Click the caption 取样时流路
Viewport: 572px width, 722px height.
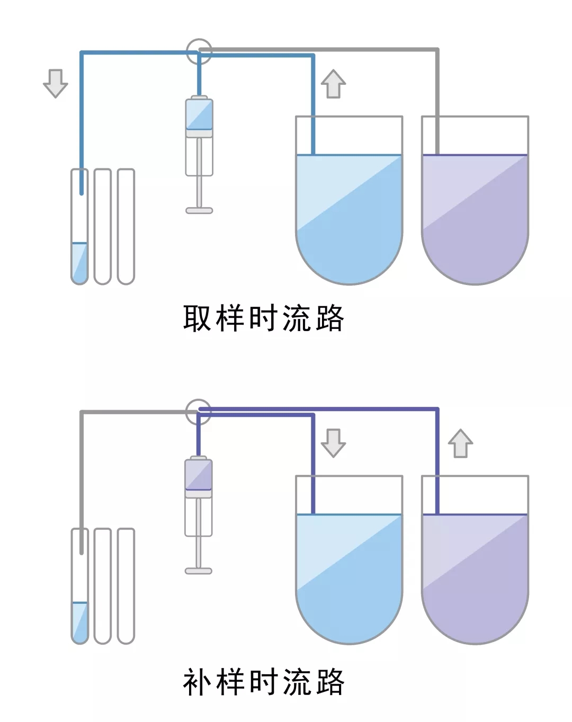click(x=263, y=318)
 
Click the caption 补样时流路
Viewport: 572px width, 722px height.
click(x=263, y=682)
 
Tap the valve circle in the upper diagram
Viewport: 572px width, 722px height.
click(x=199, y=51)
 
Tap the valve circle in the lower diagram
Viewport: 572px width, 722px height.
click(x=199, y=412)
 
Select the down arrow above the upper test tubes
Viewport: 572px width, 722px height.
click(x=55, y=83)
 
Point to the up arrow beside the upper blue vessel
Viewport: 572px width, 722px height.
click(x=333, y=84)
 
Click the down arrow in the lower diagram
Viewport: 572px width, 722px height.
click(x=333, y=443)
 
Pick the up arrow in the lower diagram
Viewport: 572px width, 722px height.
click(x=460, y=443)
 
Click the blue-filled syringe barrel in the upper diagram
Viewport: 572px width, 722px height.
click(x=199, y=114)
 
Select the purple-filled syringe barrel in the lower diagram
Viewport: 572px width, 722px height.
click(x=199, y=475)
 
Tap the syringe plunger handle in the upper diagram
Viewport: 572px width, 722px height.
click(x=199, y=210)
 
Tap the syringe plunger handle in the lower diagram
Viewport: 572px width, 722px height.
click(x=199, y=571)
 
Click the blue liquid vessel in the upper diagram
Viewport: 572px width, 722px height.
click(x=348, y=217)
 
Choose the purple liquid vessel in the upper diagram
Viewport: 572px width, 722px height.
click(x=475, y=217)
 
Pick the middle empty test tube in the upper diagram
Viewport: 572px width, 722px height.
click(x=102, y=226)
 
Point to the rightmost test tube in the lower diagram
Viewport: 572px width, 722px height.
click(x=126, y=585)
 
